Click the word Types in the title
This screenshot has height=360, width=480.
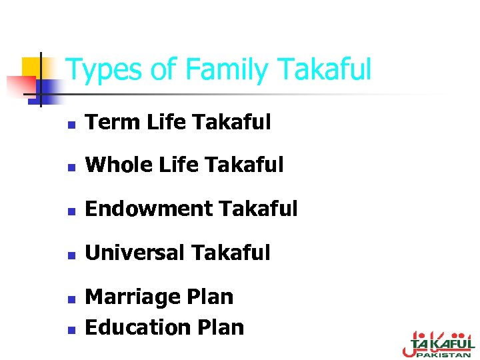click(x=104, y=70)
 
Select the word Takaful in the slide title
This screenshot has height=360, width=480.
click(x=323, y=70)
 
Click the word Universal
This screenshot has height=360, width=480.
click(x=135, y=253)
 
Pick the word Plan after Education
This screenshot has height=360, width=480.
click(x=221, y=327)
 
